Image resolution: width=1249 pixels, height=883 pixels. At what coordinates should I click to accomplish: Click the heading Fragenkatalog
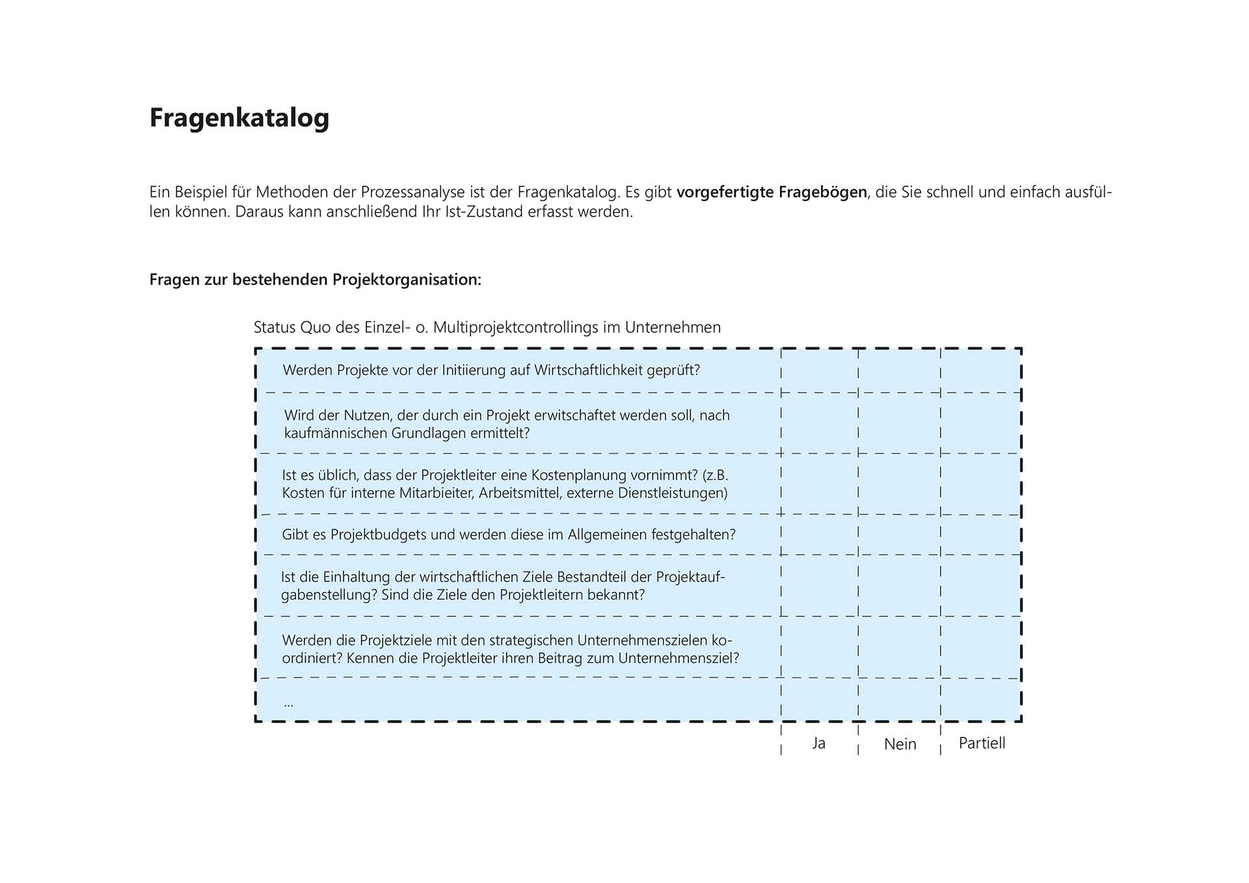coord(239,118)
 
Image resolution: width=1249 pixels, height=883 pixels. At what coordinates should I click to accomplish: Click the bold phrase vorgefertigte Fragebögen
coord(772,192)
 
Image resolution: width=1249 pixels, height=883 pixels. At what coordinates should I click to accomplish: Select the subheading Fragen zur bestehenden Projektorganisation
coord(316,280)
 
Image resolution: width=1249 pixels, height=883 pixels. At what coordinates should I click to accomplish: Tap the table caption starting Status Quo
coord(487,327)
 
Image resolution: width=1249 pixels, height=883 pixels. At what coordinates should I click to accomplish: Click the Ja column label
coord(818,743)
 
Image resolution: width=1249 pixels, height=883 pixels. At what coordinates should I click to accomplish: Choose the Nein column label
coord(900,744)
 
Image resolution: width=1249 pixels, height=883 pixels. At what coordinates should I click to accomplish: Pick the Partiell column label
coord(982,743)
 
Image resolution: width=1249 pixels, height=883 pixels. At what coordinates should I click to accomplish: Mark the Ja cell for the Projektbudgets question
coord(819,534)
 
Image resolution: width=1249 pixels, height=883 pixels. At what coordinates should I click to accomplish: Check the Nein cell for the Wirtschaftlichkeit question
coord(899,371)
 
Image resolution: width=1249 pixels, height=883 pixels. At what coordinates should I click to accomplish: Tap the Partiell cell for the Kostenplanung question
coord(980,484)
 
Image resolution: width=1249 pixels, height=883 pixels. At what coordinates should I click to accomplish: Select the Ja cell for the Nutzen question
coord(819,423)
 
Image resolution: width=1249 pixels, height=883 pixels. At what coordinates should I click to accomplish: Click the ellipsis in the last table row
coord(289,703)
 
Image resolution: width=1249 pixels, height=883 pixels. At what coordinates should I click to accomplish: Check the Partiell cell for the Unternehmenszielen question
coord(980,648)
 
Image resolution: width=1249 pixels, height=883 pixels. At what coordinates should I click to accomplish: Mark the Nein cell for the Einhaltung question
coord(899,585)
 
